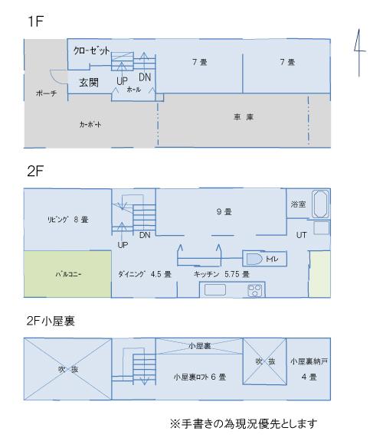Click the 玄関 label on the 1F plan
(88, 81)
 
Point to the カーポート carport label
(90, 124)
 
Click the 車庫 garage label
(244, 117)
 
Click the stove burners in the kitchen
(254, 291)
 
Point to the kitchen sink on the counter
(214, 291)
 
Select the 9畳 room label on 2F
(224, 211)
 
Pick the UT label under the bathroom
(301, 235)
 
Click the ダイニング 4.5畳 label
(145, 273)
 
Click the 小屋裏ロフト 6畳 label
(199, 377)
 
